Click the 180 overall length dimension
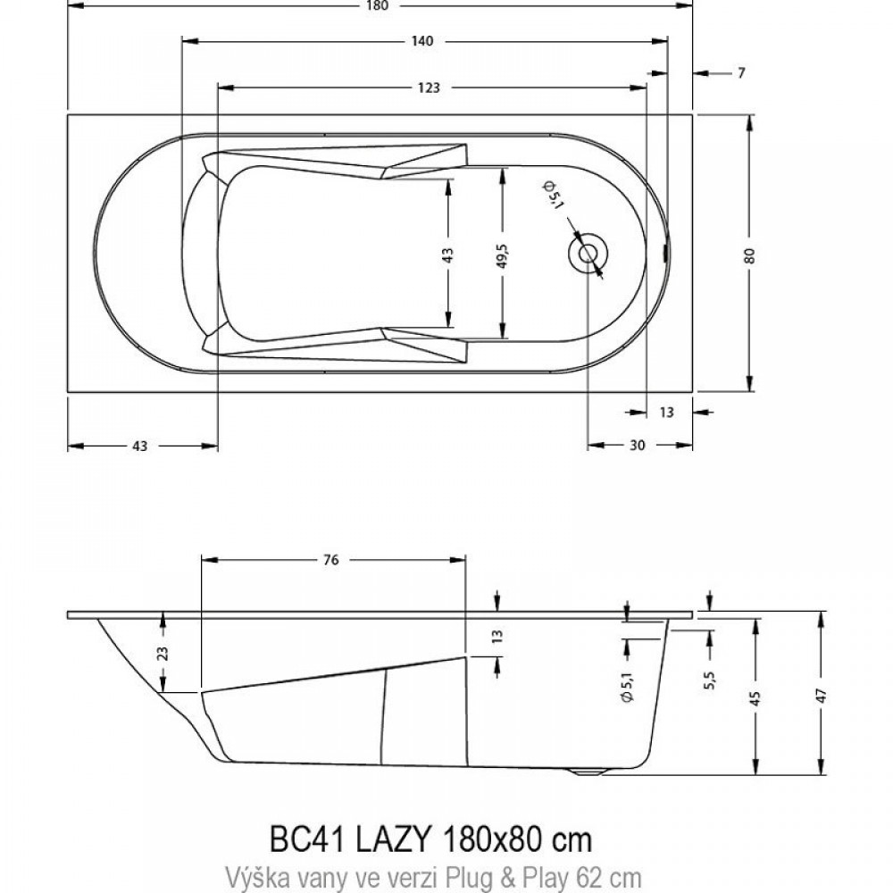(x=378, y=5)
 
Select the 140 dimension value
(x=422, y=41)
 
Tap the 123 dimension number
(x=429, y=88)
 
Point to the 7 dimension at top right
(x=741, y=73)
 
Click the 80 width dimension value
(x=749, y=255)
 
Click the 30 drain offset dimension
(x=638, y=445)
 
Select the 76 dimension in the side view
(x=331, y=560)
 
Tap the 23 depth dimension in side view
(x=163, y=652)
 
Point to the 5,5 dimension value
(x=710, y=680)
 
